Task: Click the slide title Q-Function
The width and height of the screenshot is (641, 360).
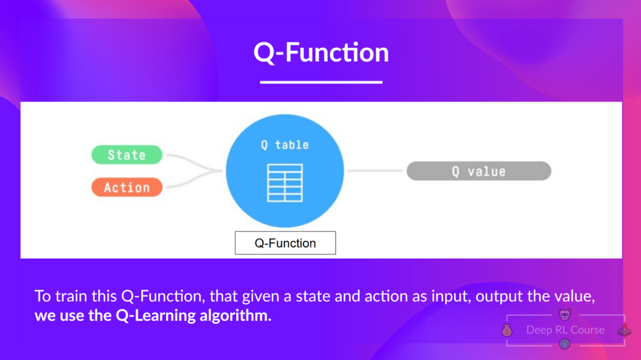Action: [321, 52]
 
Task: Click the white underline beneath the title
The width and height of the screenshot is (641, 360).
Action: [321, 81]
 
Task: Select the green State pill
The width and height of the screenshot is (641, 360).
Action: [127, 155]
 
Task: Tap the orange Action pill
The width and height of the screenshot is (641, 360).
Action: [127, 187]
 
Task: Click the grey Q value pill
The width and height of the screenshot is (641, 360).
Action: [479, 171]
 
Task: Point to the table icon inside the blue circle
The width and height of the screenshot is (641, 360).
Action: [285, 184]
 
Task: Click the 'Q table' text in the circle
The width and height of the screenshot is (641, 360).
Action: [285, 145]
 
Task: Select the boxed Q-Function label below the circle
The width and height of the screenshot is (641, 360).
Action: [285, 243]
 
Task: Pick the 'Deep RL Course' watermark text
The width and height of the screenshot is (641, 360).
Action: [565, 330]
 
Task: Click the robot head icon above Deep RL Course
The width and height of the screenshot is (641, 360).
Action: [565, 315]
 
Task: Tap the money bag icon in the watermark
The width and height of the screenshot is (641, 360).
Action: [506, 331]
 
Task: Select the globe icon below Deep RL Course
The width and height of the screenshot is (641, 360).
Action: [565, 344]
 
